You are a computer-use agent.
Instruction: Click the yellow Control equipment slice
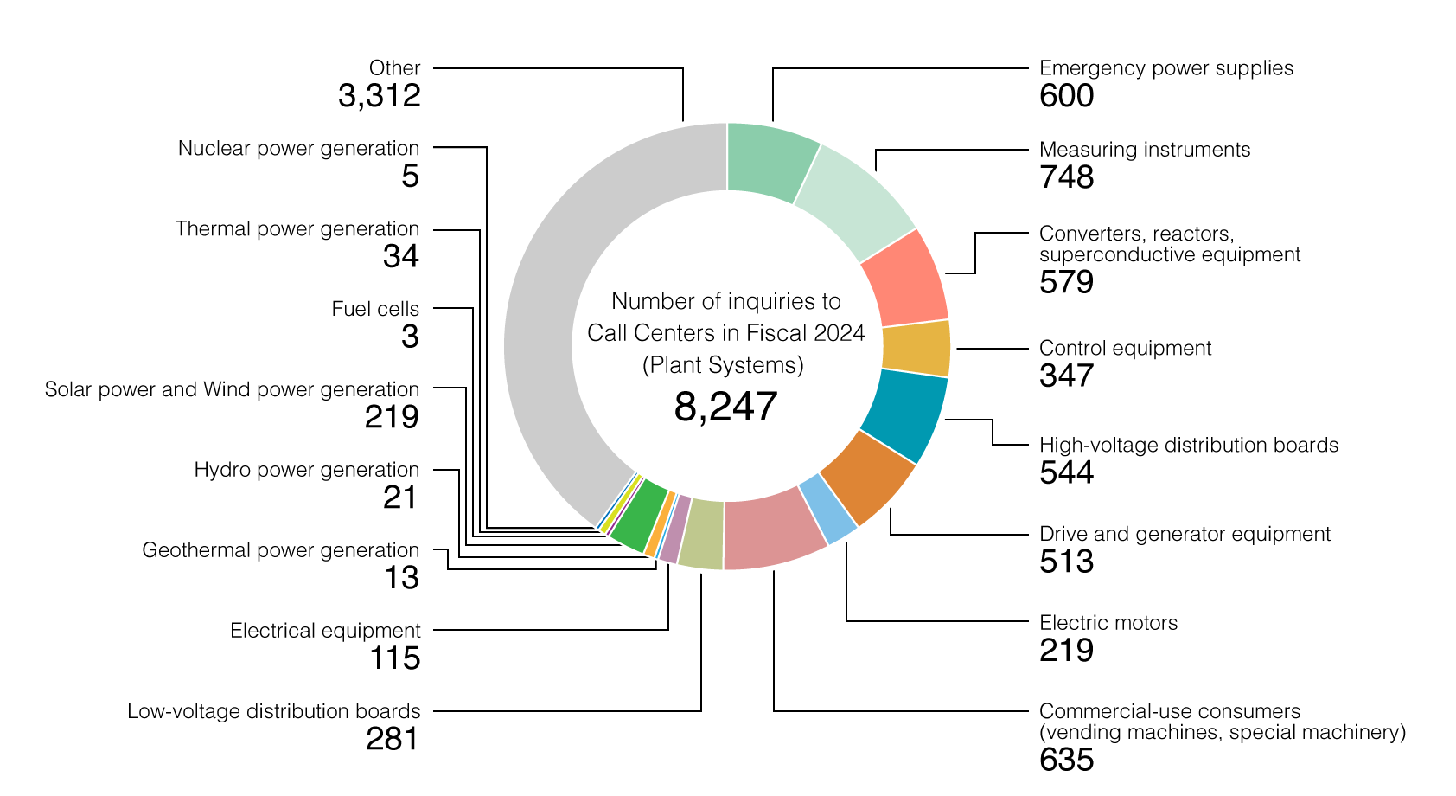coord(916,349)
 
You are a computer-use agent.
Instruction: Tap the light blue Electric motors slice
coord(827,510)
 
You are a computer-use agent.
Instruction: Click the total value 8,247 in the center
coord(725,407)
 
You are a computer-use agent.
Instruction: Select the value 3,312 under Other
coord(379,96)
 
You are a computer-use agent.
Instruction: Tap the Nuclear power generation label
coord(298,149)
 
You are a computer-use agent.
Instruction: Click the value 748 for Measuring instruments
coord(1066,177)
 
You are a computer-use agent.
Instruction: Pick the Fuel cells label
coord(375,310)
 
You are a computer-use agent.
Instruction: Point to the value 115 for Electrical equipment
coord(395,658)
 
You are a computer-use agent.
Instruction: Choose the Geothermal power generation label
coord(280,551)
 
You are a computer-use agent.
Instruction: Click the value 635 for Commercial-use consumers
coord(1066,761)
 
